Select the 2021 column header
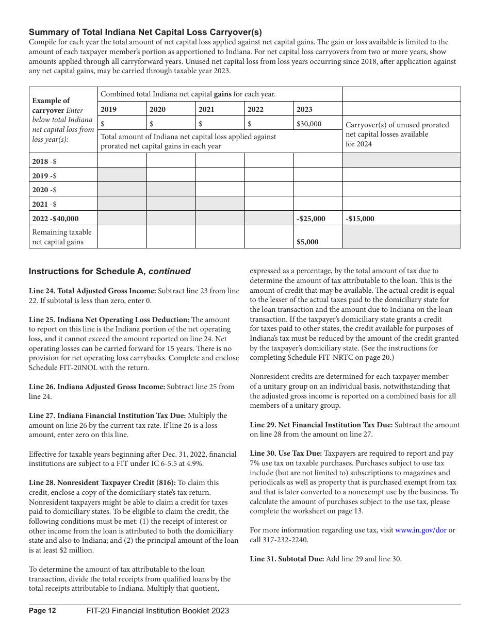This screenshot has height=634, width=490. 206,109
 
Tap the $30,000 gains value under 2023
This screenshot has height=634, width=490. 309,124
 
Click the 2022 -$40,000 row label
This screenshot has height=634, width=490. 56,219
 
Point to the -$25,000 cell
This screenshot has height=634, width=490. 311,219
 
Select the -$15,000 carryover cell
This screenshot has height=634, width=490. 360,219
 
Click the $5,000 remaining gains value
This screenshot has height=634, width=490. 307,242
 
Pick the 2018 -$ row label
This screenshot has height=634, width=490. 44,161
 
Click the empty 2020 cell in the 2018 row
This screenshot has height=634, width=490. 171,161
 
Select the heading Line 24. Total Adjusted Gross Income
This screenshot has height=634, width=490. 92,291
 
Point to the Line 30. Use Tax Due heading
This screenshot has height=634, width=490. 286,454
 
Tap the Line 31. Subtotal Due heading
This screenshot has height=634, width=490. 287,559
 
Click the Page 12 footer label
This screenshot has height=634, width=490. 42,611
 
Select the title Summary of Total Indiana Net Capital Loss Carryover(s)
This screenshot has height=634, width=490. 145,32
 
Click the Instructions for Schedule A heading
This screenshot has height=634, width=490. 109,271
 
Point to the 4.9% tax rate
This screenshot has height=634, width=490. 194,463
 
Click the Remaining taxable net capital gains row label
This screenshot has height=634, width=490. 62,237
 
